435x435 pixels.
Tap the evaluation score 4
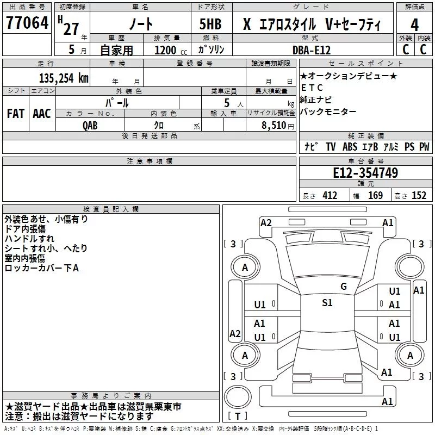pos(414,24)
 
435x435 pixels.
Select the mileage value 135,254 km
pos(64,78)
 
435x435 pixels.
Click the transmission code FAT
pos(15,113)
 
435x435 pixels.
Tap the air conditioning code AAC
pos(42,113)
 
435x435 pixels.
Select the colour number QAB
pos(91,125)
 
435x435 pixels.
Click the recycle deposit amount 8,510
pos(274,125)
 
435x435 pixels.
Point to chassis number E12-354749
pos(365,173)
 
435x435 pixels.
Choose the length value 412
pos(330,196)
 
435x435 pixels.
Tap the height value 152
pos(419,196)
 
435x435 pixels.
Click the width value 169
pos(375,196)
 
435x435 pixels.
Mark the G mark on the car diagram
pos(344,286)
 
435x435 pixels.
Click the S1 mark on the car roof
pos(327,303)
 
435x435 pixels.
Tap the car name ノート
pos(143,24)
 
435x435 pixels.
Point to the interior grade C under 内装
pos(423,49)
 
